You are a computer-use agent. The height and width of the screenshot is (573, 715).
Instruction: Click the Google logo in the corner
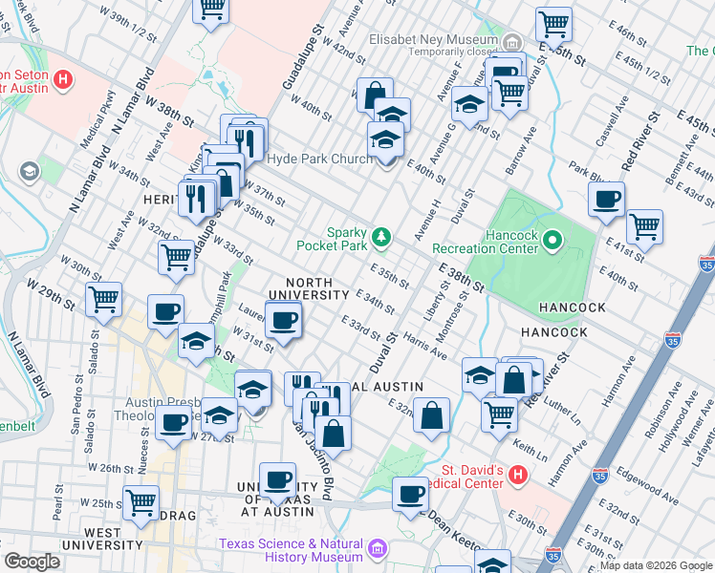pos(32,562)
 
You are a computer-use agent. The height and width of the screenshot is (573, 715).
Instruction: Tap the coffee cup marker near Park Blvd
pos(606,200)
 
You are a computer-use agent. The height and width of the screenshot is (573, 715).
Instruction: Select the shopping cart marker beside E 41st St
pos(644,226)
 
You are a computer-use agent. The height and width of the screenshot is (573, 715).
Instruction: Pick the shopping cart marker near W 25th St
pos(141,501)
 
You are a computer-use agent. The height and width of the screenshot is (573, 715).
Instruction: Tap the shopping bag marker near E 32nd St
pos(432,415)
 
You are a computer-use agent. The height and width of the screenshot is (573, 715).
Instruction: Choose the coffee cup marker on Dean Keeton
pos(411,494)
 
